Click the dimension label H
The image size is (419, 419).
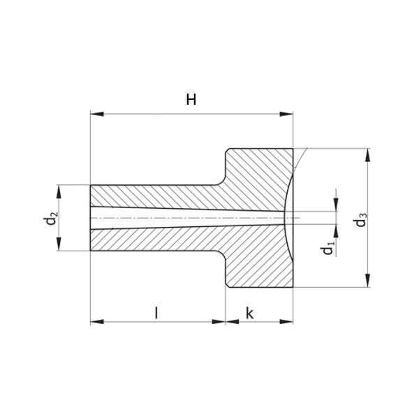pyautogui.click(x=191, y=99)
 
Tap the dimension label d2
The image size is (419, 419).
pyautogui.click(x=50, y=218)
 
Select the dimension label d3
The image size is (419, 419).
pyautogui.click(x=360, y=220)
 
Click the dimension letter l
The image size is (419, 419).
pyautogui.click(x=156, y=313)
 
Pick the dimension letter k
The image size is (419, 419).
pyautogui.click(x=249, y=313)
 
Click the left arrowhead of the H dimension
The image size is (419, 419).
pyautogui.click(x=97, y=114)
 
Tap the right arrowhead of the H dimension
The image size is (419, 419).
pyautogui.click(x=286, y=114)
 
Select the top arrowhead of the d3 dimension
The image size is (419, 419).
pyautogui.click(x=368, y=155)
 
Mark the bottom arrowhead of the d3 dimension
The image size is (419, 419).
pyautogui.click(x=368, y=281)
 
